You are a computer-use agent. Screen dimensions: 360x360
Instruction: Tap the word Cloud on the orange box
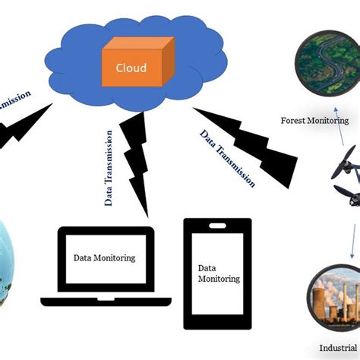[x=131, y=68]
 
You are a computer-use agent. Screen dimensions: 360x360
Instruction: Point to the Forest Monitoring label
[x=314, y=120]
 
